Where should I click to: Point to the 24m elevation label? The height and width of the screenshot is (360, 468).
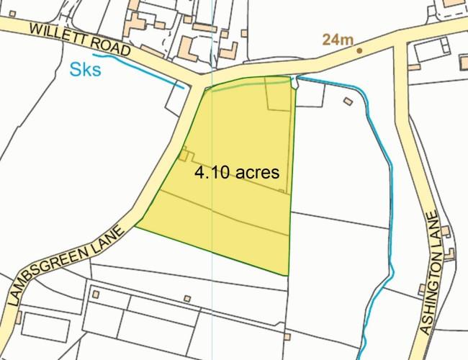337,40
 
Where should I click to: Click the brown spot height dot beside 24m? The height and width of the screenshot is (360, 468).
359,50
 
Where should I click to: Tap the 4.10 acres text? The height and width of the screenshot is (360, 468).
236,174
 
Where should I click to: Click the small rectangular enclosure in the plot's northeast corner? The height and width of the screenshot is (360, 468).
279,94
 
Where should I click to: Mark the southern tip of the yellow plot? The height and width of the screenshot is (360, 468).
286,274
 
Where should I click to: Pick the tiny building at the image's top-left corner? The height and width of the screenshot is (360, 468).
12,13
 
